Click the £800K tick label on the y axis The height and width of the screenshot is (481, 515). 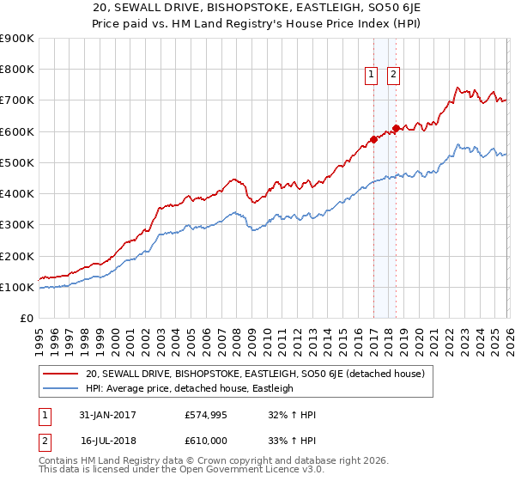(17, 70)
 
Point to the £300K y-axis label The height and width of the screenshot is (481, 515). (17, 225)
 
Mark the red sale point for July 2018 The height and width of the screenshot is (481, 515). (396, 128)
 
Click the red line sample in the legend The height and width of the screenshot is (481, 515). (60, 374)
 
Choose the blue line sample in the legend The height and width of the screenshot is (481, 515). (60, 388)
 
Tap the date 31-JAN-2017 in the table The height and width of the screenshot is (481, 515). (106, 415)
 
